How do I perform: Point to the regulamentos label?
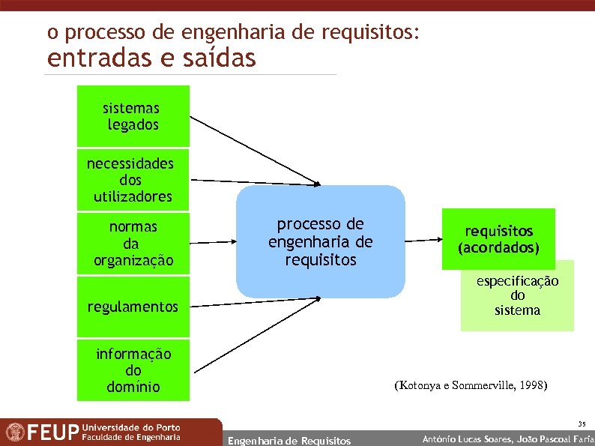(x=133, y=307)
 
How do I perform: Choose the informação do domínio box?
(x=133, y=370)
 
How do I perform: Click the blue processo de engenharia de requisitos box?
(x=320, y=241)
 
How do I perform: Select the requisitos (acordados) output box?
(x=498, y=238)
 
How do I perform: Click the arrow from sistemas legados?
(x=255, y=151)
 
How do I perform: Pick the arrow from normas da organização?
(x=213, y=242)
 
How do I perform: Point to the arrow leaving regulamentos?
(x=255, y=302)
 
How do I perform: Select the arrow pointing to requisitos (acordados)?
(x=423, y=240)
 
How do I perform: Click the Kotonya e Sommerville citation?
(x=471, y=386)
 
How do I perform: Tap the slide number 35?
(x=582, y=424)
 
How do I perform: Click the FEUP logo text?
(x=54, y=433)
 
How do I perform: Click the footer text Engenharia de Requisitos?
(x=289, y=440)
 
